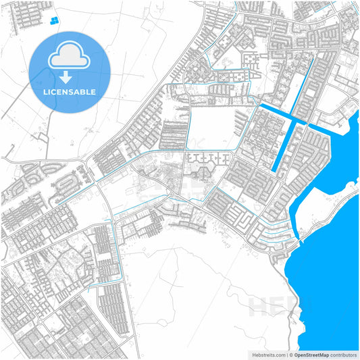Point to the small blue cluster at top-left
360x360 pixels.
(x=52, y=21)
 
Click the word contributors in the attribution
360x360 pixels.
(x=344, y=354)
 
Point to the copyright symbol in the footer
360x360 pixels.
(x=290, y=354)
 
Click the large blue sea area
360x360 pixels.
(x=331, y=270)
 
